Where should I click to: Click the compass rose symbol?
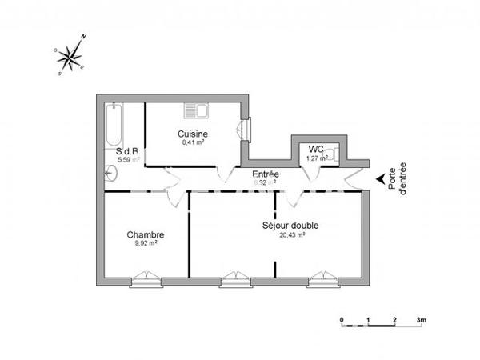[x=72, y=54]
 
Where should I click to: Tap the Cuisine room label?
[x=193, y=134]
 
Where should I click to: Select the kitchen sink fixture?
[x=195, y=110]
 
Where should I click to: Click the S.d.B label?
[x=127, y=150]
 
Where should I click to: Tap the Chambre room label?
[x=146, y=234]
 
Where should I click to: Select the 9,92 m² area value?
[x=146, y=243]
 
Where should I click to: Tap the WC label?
[x=316, y=149]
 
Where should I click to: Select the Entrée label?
[x=266, y=174]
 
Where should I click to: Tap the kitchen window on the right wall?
[x=245, y=129]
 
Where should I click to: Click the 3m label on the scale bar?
[x=421, y=320]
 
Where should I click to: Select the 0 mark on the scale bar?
[x=342, y=320]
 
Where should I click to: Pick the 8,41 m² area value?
[x=193, y=142]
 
